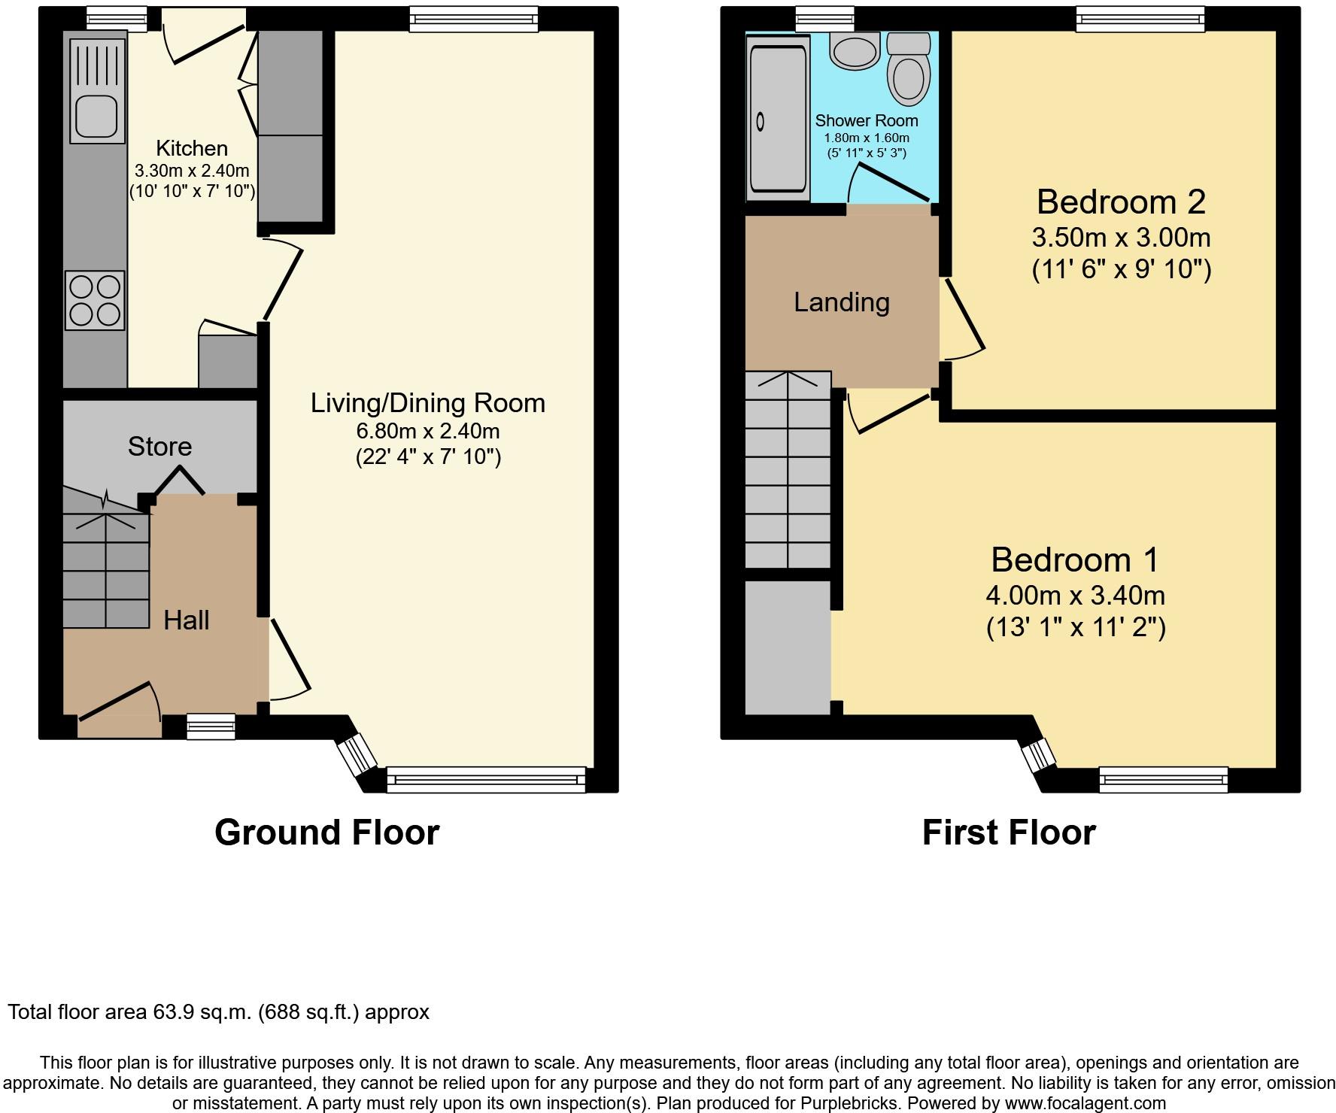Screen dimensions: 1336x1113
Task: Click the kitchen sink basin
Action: (x=96, y=116)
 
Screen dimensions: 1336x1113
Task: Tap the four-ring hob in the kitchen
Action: (x=95, y=300)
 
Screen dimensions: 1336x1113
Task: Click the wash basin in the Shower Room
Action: (x=855, y=49)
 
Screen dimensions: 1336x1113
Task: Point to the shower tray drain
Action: (x=760, y=120)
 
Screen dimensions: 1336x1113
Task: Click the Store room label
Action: (x=159, y=447)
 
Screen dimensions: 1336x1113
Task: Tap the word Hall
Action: (x=187, y=620)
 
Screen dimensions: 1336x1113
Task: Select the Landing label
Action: (x=842, y=302)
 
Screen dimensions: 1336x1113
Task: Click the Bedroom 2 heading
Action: (x=1121, y=202)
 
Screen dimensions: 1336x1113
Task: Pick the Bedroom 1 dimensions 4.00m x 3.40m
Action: (x=1076, y=596)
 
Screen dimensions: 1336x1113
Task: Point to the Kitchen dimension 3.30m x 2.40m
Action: (x=192, y=171)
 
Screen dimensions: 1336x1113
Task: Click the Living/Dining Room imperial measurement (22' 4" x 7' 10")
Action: (x=428, y=457)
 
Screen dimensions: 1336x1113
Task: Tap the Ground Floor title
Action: (x=327, y=832)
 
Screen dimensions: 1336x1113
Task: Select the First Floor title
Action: (x=1009, y=832)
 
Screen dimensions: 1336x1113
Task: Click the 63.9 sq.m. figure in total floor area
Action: (x=199, y=1012)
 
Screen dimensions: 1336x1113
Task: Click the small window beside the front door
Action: (x=200, y=726)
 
